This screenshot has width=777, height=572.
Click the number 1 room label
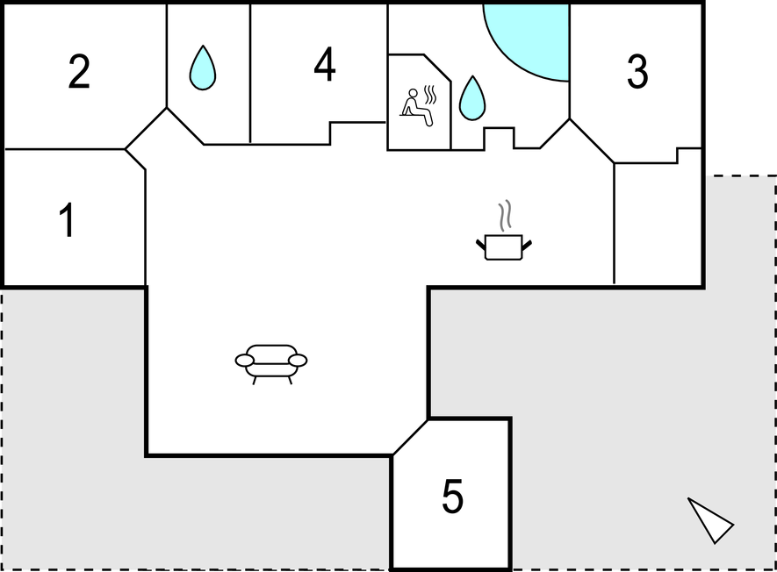(67, 220)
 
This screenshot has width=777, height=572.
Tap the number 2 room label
(79, 72)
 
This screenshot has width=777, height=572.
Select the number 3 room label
(637, 72)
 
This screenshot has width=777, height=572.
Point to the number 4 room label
(325, 64)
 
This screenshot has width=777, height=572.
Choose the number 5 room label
(452, 496)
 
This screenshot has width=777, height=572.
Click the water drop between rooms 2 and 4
(203, 68)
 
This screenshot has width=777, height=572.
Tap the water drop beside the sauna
(472, 98)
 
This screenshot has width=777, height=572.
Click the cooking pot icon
(504, 247)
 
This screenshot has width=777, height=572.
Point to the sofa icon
(271, 364)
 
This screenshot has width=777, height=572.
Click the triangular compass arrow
(711, 521)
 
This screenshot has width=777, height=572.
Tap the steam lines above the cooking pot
(505, 216)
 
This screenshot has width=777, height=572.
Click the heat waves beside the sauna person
(430, 95)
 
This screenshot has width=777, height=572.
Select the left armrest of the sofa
(245, 361)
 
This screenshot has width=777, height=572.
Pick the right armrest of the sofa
(298, 361)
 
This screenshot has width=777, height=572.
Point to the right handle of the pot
(527, 245)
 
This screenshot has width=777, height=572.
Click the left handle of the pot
(481, 245)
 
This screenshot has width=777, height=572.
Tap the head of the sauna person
(413, 93)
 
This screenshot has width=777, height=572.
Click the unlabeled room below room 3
(658, 223)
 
